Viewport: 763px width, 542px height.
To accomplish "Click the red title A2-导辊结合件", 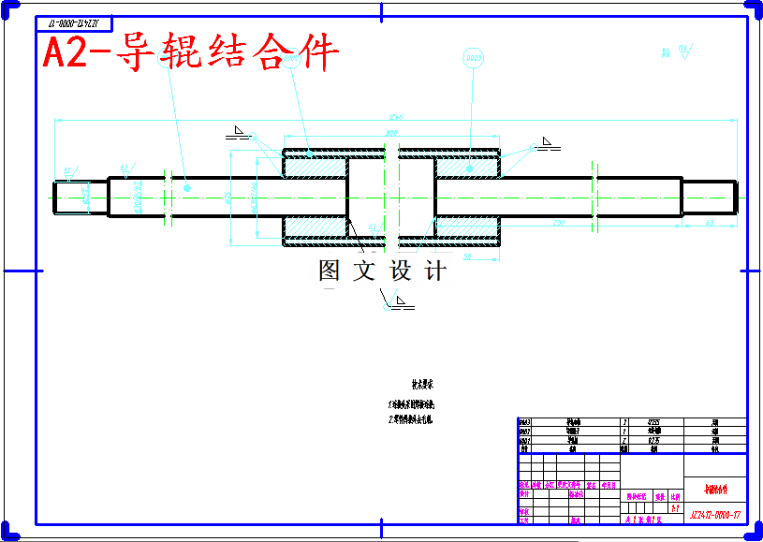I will pyautogui.click(x=191, y=53).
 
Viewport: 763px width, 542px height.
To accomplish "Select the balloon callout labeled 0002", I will pyautogui.click(x=473, y=59).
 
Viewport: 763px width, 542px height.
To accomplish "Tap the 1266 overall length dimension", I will pyautogui.click(x=395, y=117).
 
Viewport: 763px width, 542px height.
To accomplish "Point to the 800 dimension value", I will pyautogui.click(x=391, y=135).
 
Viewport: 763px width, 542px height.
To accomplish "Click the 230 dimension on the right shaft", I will pyautogui.click(x=559, y=223).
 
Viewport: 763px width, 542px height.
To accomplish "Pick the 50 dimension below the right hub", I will pyautogui.click(x=466, y=255).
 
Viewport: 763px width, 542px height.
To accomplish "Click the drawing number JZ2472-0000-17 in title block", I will pyautogui.click(x=715, y=515).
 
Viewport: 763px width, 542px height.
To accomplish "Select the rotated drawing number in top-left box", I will pyautogui.click(x=74, y=22).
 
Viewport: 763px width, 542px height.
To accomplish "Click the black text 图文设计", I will pyautogui.click(x=382, y=271).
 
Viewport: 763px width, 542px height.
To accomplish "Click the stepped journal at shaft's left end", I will pyautogui.click(x=80, y=198).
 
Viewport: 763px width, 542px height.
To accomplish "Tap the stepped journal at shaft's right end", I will pyautogui.click(x=709, y=197).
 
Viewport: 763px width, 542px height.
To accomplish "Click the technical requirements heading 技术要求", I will pyautogui.click(x=422, y=384).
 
